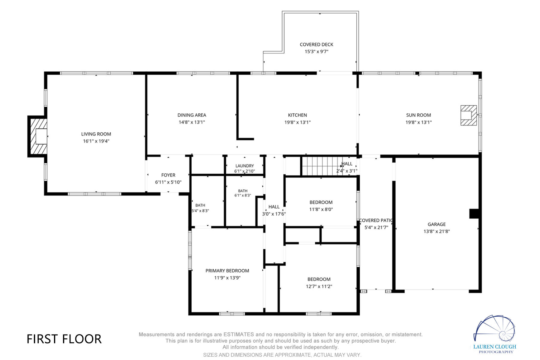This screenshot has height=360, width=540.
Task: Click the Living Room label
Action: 96,134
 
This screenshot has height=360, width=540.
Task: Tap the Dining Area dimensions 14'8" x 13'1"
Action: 192,122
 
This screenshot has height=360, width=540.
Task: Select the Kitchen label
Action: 297,115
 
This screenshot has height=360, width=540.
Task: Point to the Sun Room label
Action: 418,115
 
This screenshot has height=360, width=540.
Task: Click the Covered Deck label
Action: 316,44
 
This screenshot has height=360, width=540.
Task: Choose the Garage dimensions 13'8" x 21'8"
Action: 436,231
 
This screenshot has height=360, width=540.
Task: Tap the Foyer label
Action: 168,175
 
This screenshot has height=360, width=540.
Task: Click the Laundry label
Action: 244,166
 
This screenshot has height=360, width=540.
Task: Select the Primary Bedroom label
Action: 227,271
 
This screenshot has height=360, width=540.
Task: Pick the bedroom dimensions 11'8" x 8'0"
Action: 321,209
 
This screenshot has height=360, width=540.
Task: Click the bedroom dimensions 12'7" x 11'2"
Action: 319,286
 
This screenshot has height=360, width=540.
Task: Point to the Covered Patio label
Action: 376,220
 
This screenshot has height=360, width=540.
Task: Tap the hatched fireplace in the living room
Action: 37,136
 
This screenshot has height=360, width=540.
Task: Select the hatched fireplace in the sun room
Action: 469,115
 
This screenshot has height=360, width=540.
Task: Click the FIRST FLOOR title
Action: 64,339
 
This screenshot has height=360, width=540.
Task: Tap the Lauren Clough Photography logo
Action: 494,334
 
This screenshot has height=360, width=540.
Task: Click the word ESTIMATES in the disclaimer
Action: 238,334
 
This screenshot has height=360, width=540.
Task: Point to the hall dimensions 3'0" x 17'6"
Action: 274,214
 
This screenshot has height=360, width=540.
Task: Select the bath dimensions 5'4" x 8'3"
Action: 200,211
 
